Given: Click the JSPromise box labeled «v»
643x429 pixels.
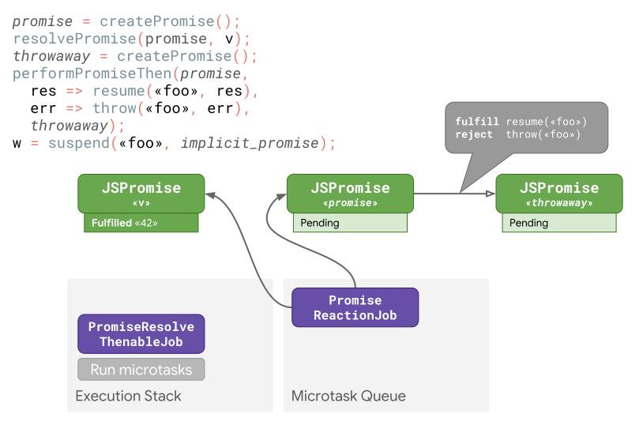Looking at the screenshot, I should click(141, 193).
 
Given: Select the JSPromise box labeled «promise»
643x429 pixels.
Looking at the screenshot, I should click(349, 193).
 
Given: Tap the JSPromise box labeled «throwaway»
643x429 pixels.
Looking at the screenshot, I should click(558, 193).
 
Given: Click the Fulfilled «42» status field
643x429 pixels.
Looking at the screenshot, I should click(140, 223).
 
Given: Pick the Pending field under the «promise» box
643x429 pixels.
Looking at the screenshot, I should click(349, 223).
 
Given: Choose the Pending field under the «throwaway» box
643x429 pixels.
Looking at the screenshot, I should click(558, 223).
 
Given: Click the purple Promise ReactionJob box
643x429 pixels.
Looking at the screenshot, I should click(355, 307).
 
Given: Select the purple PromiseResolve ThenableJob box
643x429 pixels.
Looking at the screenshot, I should click(141, 333).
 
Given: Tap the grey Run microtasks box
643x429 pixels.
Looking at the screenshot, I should click(141, 369).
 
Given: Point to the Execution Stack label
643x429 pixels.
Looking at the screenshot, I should click(128, 396).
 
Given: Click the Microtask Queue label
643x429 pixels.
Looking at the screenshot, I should click(348, 396).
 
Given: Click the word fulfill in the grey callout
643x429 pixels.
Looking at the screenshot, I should click(477, 122).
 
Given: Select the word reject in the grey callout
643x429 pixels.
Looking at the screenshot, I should click(473, 134).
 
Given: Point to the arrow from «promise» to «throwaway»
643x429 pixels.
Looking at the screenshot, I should click(454, 193).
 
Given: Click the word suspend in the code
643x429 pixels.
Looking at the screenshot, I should click(79, 143).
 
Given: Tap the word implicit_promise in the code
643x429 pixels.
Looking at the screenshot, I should click(250, 143).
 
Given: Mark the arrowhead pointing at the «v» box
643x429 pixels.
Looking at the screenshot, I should click(210, 194).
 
